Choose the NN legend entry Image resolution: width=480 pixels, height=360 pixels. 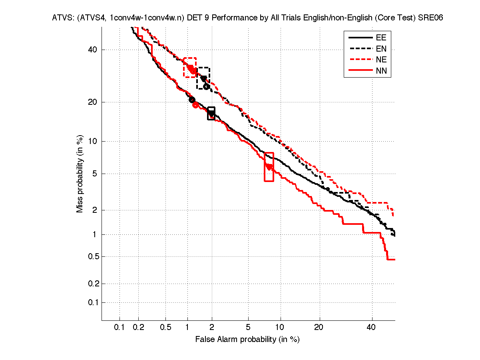(x=381, y=71)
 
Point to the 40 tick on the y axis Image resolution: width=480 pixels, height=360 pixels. (x=93, y=50)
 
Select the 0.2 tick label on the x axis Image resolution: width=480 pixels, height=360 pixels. (x=138, y=327)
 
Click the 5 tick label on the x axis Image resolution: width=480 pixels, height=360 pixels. (x=248, y=327)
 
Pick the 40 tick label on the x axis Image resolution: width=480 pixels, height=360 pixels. (x=371, y=327)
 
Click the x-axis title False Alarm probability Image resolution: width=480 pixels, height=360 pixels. (x=247, y=340)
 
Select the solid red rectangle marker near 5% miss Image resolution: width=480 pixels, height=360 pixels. (x=269, y=167)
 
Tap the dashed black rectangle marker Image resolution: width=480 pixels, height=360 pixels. (x=203, y=78)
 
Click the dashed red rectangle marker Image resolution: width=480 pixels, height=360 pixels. (x=190, y=67)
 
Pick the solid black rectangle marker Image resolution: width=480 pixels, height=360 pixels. (x=211, y=113)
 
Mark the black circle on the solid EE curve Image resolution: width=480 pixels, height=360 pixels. (x=192, y=100)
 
